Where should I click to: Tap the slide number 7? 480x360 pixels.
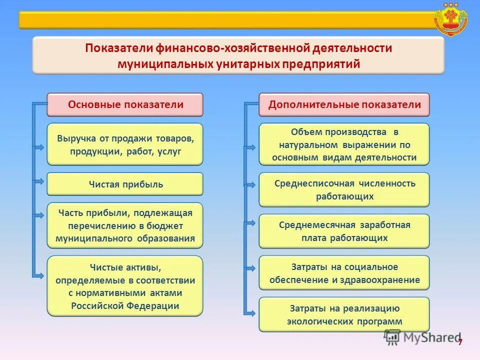pyautogui.click(x=460, y=341)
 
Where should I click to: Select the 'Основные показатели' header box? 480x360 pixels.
pyautogui.click(x=125, y=105)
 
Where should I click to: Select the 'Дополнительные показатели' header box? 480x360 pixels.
pyautogui.click(x=344, y=105)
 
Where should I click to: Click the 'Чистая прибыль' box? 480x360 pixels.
pyautogui.click(x=125, y=184)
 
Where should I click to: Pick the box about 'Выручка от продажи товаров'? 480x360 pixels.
pyautogui.click(x=125, y=144)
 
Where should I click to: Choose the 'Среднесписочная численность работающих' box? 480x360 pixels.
pyautogui.click(x=344, y=190)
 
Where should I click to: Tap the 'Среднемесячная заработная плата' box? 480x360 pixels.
pyautogui.click(x=344, y=231)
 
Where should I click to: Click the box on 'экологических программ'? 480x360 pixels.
pyautogui.click(x=344, y=314)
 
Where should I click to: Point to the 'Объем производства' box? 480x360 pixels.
pyautogui.click(x=344, y=144)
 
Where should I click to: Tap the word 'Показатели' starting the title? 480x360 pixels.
pyautogui.click(x=118, y=48)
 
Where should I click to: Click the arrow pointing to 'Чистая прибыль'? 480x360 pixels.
pyautogui.click(x=39, y=179)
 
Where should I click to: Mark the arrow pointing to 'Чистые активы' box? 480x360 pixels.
pyautogui.click(x=39, y=275)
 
